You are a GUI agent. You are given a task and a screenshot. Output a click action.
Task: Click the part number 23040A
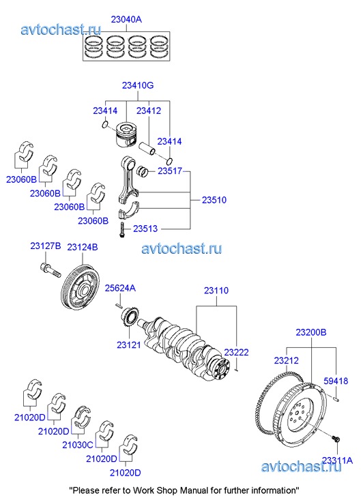point(126,20)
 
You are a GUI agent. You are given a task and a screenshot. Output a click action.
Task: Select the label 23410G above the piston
point(138,85)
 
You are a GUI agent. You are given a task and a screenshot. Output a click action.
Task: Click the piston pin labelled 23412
point(147,148)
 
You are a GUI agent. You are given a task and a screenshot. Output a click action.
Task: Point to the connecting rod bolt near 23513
point(122,230)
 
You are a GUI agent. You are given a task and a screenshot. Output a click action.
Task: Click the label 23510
point(214,200)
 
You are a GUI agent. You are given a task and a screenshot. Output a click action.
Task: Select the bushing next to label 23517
point(143,171)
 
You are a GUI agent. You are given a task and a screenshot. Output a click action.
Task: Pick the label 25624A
point(120,288)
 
